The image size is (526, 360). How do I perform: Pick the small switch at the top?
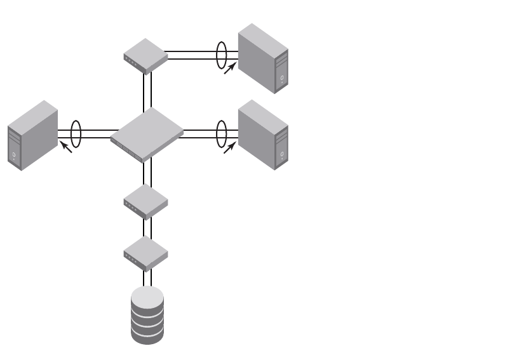click(145, 57)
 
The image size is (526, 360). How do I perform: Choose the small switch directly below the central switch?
click(145, 203)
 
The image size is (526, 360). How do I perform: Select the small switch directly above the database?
click(145, 254)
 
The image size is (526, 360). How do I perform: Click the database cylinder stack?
click(147, 316)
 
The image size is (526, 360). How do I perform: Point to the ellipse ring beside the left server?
click(76, 134)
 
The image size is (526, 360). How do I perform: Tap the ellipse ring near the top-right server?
click(222, 55)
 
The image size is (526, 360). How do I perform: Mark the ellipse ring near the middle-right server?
click(222, 134)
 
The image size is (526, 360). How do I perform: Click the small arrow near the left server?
click(66, 147)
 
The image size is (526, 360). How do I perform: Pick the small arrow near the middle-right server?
click(230, 147)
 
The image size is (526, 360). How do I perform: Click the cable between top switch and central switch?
click(147, 91)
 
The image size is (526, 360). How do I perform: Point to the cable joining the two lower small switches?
click(147, 228)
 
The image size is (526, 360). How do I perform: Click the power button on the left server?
click(14, 154)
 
